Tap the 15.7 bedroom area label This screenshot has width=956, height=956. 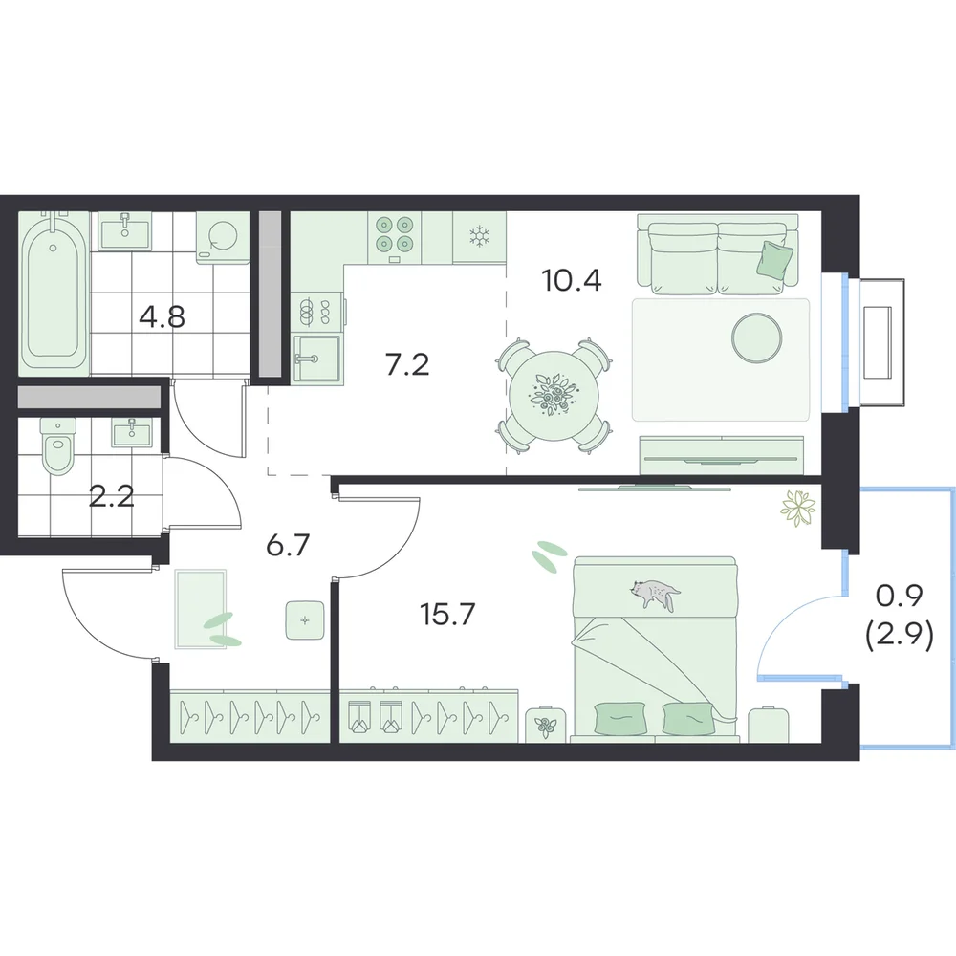(447, 614)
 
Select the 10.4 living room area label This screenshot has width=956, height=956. (572, 280)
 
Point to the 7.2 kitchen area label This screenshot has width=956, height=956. (407, 364)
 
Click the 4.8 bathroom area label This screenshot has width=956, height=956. (163, 317)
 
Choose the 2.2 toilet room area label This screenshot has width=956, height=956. (112, 497)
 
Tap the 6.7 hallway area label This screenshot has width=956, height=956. (289, 545)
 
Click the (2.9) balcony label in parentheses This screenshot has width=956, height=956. (900, 637)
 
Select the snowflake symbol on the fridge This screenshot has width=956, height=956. (480, 236)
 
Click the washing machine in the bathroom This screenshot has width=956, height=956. (223, 237)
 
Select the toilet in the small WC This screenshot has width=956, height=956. (58, 445)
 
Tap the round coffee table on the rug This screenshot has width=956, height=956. (756, 337)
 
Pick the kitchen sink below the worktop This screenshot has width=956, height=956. (315, 358)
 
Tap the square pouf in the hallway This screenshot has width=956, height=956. (305, 620)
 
